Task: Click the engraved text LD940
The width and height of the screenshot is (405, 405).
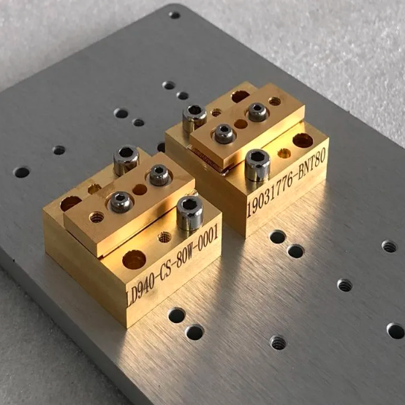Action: point(140,288)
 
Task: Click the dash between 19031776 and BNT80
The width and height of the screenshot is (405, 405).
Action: point(296,173)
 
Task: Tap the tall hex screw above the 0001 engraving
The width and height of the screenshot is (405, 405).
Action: point(190,213)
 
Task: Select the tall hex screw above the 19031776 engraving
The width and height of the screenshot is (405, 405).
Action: point(257,165)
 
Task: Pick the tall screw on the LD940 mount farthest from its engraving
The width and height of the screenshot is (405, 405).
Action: point(126,160)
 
